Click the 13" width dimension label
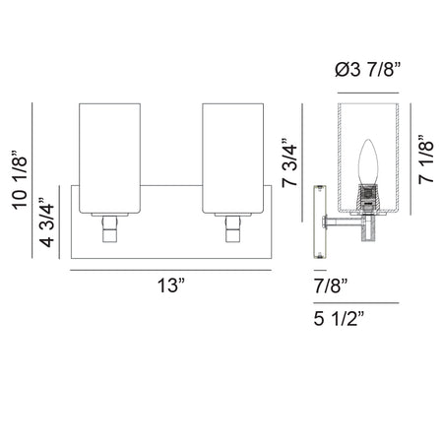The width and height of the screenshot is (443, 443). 171,285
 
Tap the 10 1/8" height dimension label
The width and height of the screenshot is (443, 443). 20,180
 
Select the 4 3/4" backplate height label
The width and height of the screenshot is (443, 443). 46,222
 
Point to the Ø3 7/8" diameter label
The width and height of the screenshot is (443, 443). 368,70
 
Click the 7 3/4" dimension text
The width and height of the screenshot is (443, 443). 289,162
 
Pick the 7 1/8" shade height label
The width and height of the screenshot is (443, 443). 426,158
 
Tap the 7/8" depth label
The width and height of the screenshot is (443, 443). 331,285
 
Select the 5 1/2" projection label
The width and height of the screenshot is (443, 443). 339,318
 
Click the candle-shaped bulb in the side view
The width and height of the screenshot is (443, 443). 368,162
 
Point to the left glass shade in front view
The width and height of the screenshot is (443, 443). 110,158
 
